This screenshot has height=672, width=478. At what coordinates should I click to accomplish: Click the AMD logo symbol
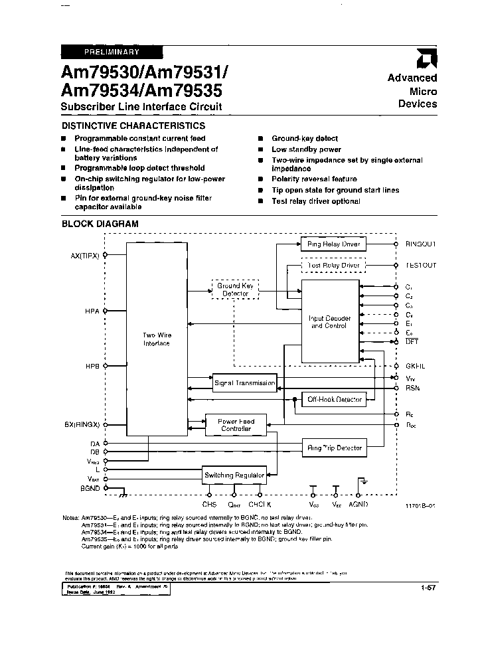tap(423, 61)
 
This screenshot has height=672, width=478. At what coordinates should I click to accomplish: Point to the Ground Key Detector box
tap(235, 290)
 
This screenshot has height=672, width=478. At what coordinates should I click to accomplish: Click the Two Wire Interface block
tap(156, 339)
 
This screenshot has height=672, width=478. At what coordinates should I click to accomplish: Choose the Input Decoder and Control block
tap(329, 322)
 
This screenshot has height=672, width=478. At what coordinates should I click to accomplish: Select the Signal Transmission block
tap(244, 383)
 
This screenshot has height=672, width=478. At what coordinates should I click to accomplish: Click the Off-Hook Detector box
tap(334, 399)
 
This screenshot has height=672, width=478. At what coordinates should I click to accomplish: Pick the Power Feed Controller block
tap(236, 425)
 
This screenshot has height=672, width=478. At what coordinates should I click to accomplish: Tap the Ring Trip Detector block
tap(334, 448)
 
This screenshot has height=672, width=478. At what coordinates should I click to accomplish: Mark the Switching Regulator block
tap(234, 475)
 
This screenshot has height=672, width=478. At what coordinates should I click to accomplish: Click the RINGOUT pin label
tap(420, 244)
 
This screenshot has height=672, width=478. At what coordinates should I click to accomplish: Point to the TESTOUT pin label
tap(421, 266)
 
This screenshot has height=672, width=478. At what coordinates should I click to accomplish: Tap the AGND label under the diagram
tap(358, 504)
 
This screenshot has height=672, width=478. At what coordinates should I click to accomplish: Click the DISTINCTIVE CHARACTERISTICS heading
tap(133, 126)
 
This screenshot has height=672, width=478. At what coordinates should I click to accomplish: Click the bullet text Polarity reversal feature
tap(314, 179)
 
